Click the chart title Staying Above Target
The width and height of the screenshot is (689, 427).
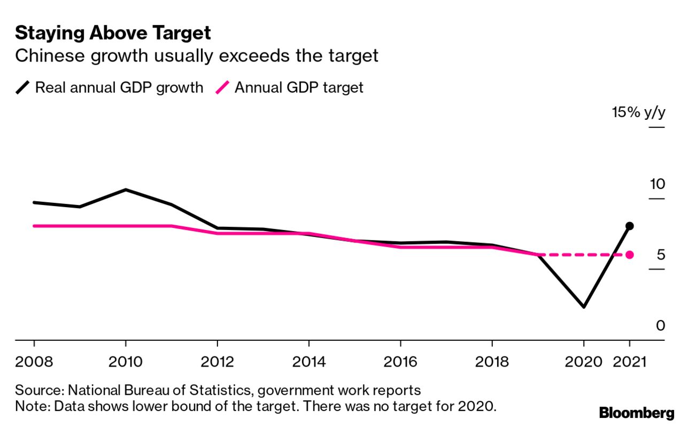pyautogui.click(x=113, y=33)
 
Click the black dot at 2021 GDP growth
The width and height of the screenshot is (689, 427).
pyautogui.click(x=630, y=226)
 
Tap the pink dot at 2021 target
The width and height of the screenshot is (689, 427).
pyautogui.click(x=630, y=255)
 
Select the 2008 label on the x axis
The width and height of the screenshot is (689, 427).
pyautogui.click(x=34, y=362)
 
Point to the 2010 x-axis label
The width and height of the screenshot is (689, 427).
pyautogui.click(x=126, y=362)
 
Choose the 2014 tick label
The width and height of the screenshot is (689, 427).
pyautogui.click(x=309, y=362)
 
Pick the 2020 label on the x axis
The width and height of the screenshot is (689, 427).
pyautogui.click(x=584, y=362)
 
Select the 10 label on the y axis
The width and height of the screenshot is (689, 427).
pyautogui.click(x=657, y=184)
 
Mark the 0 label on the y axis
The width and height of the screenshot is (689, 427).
pyautogui.click(x=661, y=325)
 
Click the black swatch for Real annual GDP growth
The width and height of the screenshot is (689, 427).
pyautogui.click(x=23, y=87)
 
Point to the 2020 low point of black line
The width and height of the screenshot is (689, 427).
pyautogui.click(x=584, y=307)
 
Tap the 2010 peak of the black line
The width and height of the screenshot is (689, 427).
pyautogui.click(x=126, y=189)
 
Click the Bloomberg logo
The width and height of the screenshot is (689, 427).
pyautogui.click(x=637, y=413)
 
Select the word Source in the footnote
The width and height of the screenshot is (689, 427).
pyautogui.click(x=32, y=389)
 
